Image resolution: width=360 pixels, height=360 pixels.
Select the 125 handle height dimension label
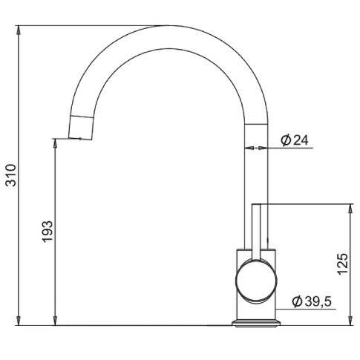coord(342,264)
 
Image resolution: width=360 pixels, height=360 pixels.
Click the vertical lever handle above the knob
coord(257,230)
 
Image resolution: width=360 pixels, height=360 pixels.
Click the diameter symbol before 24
coord(284,140)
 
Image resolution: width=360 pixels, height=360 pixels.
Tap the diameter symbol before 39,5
coord(296,301)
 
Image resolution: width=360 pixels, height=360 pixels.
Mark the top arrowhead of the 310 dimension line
coord(19,29)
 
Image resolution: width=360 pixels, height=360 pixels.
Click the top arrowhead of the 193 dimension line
coord(56,141)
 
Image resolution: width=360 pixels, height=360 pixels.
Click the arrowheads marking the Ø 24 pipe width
coord(257,148)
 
